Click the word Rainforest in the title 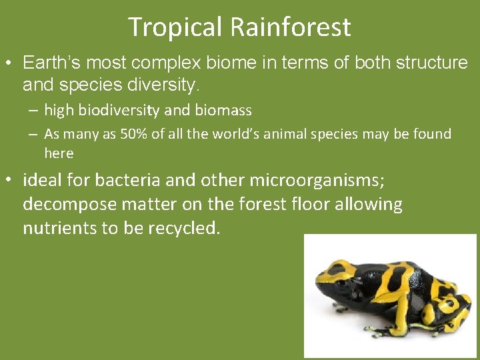pos(291,28)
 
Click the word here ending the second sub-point pos(59,153)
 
